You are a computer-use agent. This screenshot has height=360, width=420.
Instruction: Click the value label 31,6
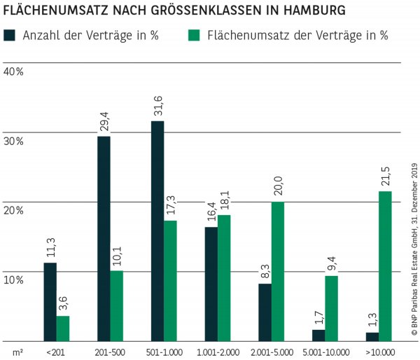157,108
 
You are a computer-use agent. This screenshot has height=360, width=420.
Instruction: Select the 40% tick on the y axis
13,72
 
